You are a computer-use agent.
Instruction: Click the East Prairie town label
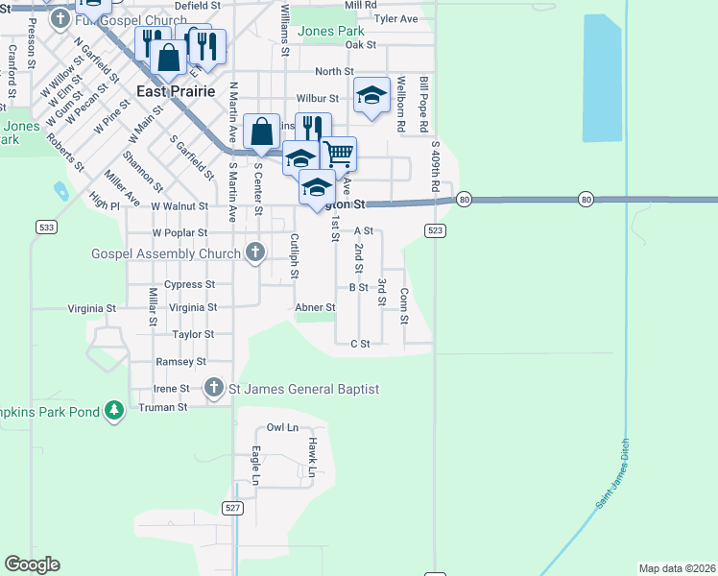176,92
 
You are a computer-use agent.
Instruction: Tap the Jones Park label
331,31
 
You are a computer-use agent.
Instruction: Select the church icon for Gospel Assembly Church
254,252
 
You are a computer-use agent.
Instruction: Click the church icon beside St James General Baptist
214,389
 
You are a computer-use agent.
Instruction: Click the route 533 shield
45,227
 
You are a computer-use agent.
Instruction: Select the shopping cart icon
338,153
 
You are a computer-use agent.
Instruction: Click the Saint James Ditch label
613,485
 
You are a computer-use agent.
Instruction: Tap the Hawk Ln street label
312,457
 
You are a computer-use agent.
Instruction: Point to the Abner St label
315,308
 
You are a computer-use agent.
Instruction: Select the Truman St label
163,407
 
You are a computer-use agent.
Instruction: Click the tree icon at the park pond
114,411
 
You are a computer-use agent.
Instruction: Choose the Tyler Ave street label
396,18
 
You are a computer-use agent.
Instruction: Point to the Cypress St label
183,284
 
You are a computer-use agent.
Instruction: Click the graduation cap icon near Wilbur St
371,94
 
